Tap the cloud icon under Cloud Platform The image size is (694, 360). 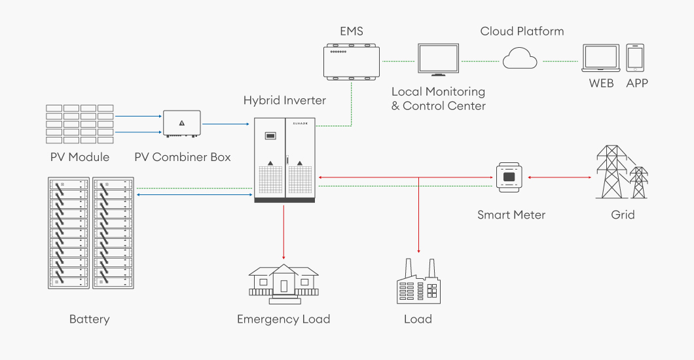[x=520, y=60]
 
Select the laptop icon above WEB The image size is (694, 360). [x=602, y=59]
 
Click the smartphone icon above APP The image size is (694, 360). [x=635, y=58]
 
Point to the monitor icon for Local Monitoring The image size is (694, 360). [x=439, y=61]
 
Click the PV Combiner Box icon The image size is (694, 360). [x=181, y=124]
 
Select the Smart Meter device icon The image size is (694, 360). [x=511, y=176]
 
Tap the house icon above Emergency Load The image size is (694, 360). [x=283, y=283]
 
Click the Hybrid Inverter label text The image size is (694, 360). [x=285, y=100]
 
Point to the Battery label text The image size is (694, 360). [x=89, y=319]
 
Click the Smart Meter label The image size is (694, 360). [x=511, y=215]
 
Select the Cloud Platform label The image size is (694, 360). [x=522, y=31]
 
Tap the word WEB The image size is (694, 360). [x=601, y=83]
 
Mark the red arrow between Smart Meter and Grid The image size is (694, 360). [x=557, y=177]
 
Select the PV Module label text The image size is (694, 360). [x=80, y=157]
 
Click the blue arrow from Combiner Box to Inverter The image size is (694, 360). [x=226, y=124]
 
